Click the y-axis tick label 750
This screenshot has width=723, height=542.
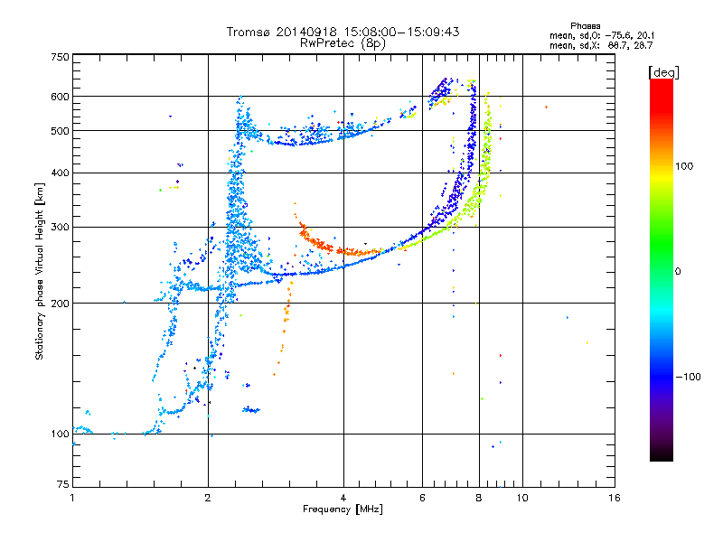[61, 56]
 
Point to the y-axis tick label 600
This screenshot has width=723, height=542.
[61, 96]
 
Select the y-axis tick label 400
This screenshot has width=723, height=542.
[61, 173]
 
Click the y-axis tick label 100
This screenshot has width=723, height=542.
[61, 434]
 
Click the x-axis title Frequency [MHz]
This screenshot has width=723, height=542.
[343, 509]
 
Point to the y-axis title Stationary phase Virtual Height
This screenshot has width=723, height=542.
[40, 271]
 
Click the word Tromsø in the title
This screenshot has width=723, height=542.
[252, 32]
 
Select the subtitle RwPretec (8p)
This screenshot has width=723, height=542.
[343, 42]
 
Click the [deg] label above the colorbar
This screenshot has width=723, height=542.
[664, 71]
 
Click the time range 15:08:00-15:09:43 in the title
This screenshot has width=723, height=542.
[399, 32]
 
